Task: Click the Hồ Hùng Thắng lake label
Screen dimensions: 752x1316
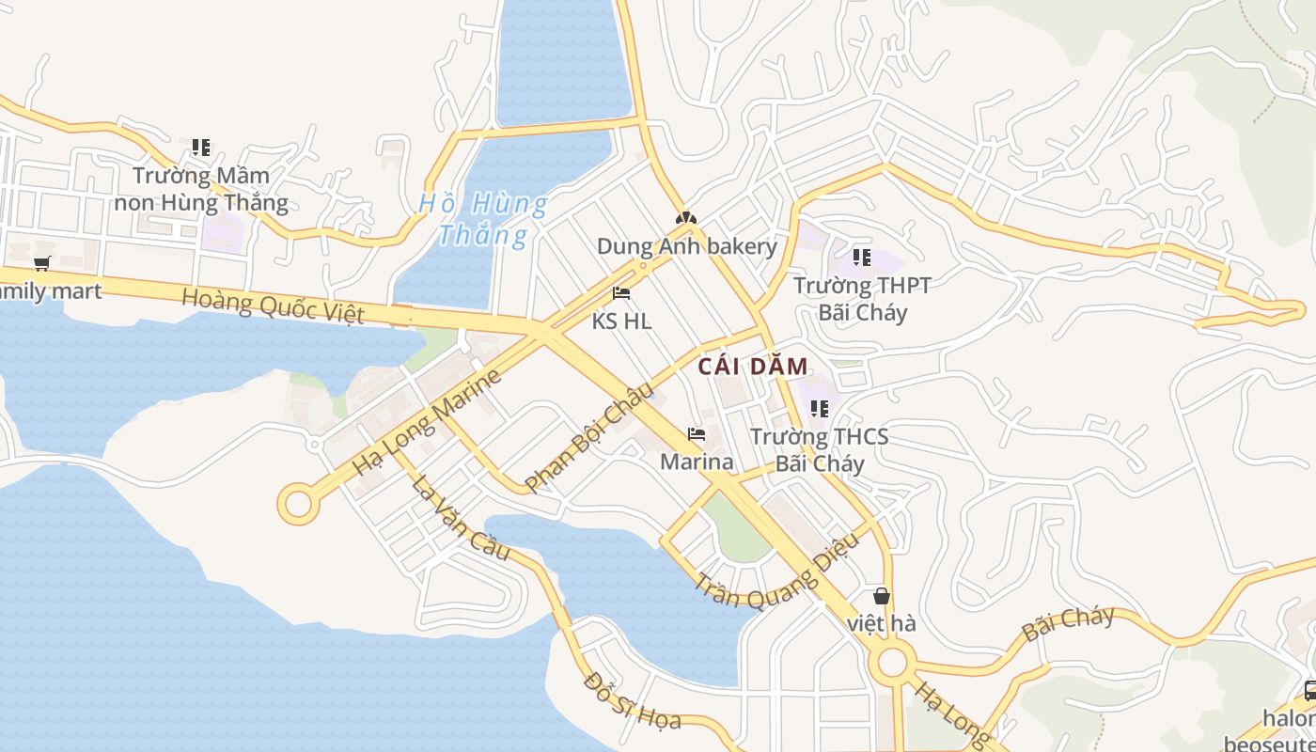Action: click(x=482, y=218)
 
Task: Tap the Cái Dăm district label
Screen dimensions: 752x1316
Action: click(x=753, y=367)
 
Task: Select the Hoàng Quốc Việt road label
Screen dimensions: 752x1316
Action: click(x=273, y=305)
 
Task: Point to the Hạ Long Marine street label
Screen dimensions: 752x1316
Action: click(x=428, y=422)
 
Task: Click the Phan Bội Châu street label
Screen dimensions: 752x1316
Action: click(x=588, y=438)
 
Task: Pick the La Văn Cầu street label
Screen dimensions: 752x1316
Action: click(x=461, y=519)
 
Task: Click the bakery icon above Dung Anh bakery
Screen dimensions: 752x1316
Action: click(x=686, y=218)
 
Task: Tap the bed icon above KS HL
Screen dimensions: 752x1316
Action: click(x=620, y=293)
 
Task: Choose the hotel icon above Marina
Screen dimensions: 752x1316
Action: click(x=697, y=434)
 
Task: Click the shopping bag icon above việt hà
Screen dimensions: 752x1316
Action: click(x=882, y=595)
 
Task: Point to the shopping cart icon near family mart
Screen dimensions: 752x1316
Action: click(x=41, y=263)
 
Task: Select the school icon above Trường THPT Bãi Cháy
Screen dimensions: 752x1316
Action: click(x=861, y=257)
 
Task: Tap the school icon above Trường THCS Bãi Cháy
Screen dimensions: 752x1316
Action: click(x=819, y=409)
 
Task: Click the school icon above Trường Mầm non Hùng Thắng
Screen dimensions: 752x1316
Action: click(x=200, y=148)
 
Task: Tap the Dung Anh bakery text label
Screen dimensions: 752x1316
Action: click(x=687, y=247)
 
